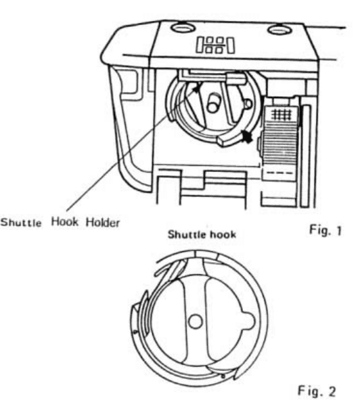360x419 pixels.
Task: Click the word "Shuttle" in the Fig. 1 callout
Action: tap(21, 223)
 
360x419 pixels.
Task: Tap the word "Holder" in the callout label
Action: tap(103, 222)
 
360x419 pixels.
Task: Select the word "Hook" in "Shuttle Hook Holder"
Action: tap(65, 222)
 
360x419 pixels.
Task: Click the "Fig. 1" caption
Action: tap(325, 230)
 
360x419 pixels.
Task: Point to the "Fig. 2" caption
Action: tap(317, 391)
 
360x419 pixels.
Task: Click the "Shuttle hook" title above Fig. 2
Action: tap(202, 234)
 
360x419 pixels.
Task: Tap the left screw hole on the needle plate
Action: tap(183, 27)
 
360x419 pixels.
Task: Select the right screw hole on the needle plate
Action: tap(279, 29)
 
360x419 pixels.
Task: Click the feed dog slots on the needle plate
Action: tap(215, 45)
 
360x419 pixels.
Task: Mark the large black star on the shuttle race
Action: tap(247, 137)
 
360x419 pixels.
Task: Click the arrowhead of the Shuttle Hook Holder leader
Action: tap(196, 89)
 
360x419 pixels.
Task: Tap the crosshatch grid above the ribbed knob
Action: tap(281, 115)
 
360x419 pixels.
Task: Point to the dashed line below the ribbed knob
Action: tap(280, 173)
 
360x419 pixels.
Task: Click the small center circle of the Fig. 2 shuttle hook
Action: tap(195, 322)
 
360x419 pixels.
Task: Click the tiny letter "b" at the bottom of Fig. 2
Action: tap(223, 376)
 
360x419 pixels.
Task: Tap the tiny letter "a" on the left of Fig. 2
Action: tap(135, 332)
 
